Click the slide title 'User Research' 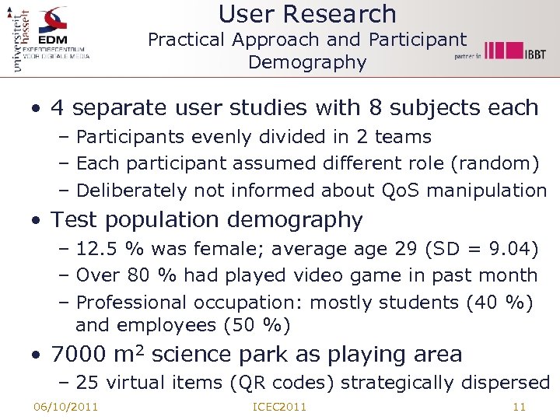[307, 14]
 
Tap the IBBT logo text [534, 52]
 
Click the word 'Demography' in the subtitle [307, 62]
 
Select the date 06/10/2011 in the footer [65, 407]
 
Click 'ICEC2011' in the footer [280, 407]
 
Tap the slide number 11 [520, 407]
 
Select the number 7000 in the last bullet [79, 355]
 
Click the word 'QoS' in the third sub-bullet [401, 190]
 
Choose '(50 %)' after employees [257, 325]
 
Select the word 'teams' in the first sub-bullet [403, 137]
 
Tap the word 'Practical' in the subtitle [184, 40]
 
